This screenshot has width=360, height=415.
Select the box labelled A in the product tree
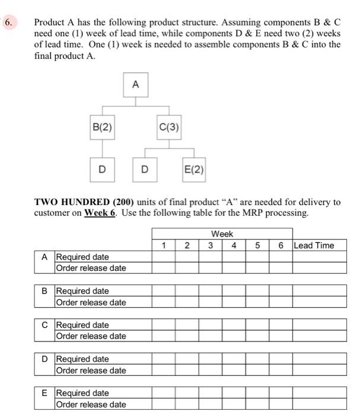click(135, 85)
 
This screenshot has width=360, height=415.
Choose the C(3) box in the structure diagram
click(169, 126)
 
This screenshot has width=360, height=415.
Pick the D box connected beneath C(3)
click(144, 170)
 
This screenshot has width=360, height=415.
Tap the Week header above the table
click(222, 234)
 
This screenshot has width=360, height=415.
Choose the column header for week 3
click(210, 245)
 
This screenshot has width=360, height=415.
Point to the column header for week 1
click(163, 245)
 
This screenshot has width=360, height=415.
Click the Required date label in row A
click(82, 257)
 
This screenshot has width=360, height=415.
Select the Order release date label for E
click(91, 404)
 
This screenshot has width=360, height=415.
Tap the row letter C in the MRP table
click(44, 325)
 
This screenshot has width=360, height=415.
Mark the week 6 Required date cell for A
click(281, 257)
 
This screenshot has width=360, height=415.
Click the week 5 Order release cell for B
click(257, 302)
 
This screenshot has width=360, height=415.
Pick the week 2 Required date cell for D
click(187, 359)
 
